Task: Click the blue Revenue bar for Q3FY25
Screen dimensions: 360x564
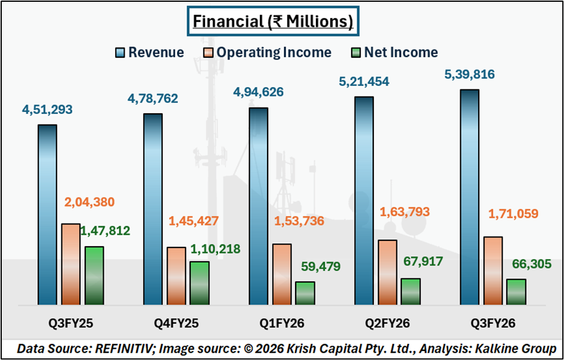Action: tap(47, 215)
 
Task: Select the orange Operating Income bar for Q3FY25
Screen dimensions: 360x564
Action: tap(70, 264)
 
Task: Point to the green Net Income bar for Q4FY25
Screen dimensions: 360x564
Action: tap(200, 283)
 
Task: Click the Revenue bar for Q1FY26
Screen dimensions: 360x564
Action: tap(258, 206)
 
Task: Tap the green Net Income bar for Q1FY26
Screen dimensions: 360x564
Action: tap(305, 293)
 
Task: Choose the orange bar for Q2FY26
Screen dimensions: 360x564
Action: tap(387, 272)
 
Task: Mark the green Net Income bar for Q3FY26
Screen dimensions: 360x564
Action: tap(516, 292)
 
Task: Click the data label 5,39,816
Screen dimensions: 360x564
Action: tap(469, 75)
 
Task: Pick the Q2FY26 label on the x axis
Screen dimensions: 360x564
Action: tap(387, 324)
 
